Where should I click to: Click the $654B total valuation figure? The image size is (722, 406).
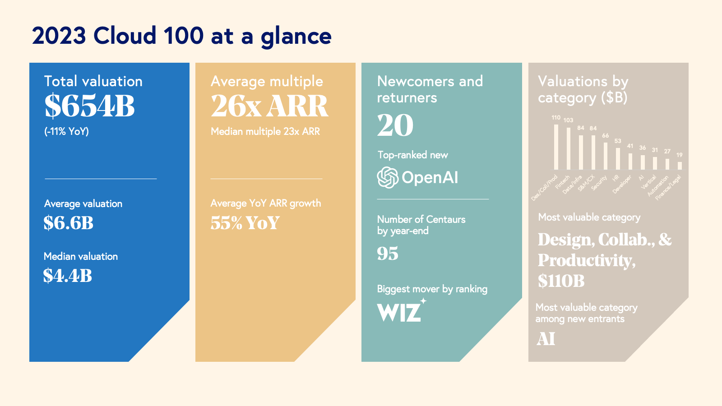tap(89, 106)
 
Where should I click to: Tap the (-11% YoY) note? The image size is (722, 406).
tap(66, 131)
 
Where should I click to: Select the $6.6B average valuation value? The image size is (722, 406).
tap(69, 223)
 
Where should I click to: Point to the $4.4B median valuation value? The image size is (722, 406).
tap(68, 276)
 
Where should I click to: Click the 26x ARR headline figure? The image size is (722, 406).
tap(269, 106)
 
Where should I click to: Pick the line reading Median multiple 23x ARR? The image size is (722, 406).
tap(265, 131)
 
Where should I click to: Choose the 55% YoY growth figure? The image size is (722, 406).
tap(245, 223)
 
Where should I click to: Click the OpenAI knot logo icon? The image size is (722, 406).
tap(388, 177)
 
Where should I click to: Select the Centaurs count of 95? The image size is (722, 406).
tap(388, 254)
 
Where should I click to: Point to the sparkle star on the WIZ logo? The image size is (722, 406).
tap(423, 301)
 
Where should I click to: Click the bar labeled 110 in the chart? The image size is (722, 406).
tap(556, 147)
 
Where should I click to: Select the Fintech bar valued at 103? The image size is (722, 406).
tap(569, 148)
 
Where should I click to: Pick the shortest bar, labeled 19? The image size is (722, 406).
tap(680, 166)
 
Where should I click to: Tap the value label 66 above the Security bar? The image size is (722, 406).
tap(606, 135)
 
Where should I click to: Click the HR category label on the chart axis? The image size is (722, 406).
tap(616, 178)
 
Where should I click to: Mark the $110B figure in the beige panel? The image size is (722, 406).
tap(561, 281)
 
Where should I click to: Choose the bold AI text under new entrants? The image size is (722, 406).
tap(546, 339)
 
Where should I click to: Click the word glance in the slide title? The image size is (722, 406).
tap(296, 36)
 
